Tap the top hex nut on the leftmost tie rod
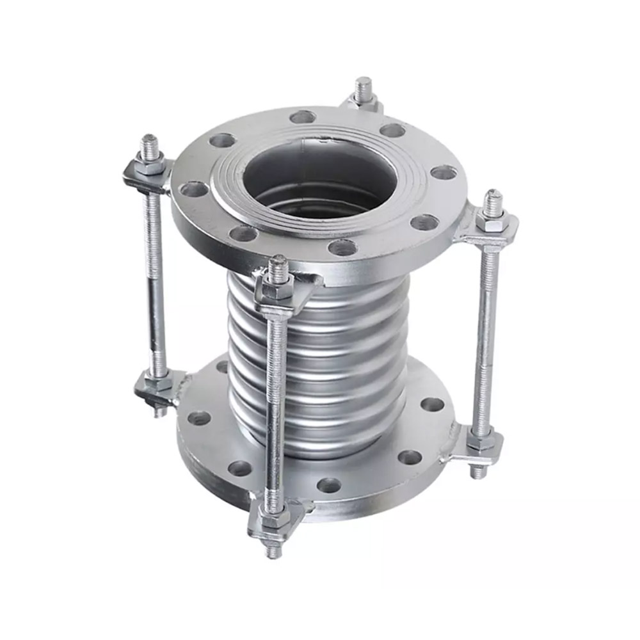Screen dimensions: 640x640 point(151,167)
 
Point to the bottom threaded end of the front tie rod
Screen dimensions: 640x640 point(275,548)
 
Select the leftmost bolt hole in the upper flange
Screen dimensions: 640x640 point(193,189)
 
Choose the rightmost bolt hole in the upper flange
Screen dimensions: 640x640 point(444,172)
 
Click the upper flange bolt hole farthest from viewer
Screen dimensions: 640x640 point(302,117)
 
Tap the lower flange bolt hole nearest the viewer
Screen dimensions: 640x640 point(328,485)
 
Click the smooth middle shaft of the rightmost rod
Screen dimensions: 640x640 point(486,333)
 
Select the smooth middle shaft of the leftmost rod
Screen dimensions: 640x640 point(156,275)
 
